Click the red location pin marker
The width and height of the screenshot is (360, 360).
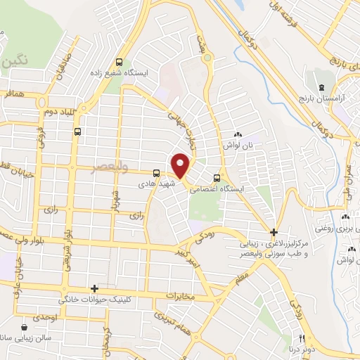point(181,165)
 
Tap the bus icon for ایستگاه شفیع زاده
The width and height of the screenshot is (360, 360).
point(119,62)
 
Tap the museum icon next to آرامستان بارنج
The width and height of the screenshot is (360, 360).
point(321,87)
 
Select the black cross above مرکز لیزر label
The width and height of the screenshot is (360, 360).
point(274,232)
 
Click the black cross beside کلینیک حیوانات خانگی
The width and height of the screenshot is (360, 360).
point(94,288)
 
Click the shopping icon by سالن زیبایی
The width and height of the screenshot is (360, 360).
point(25,328)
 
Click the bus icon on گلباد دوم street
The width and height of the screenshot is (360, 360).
point(77,130)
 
